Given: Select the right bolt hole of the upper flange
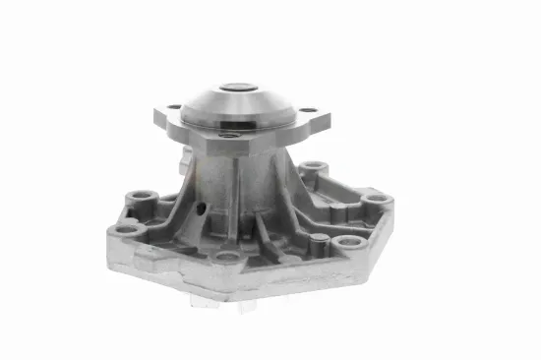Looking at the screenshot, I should tap(308, 110).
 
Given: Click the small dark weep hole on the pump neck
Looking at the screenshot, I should tap(202, 209).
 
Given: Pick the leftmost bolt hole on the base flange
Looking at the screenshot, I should tap(126, 229).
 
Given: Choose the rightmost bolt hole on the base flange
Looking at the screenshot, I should tap(375, 200).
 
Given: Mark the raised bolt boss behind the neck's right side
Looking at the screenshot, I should tap(313, 167).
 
